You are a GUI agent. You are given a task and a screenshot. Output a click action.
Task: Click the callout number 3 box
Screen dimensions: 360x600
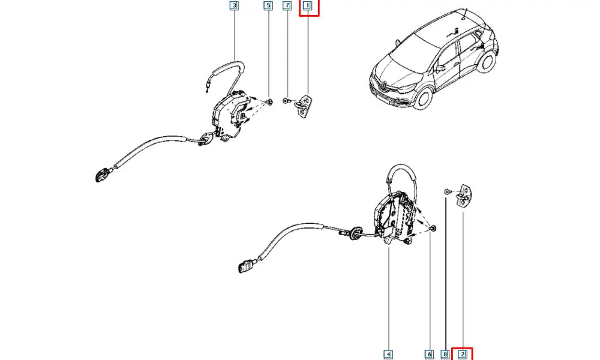coord(234,6)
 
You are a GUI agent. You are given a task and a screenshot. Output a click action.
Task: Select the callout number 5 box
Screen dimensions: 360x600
coord(268,6)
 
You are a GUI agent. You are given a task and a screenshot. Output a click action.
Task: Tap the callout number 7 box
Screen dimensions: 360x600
coord(287,6)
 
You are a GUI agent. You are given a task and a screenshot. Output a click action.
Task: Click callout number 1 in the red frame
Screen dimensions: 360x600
coord(308,7)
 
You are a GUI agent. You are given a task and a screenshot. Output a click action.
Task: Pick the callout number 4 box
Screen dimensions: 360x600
coord(389,354)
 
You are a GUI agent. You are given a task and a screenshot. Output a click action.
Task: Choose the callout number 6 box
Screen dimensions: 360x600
coord(430,354)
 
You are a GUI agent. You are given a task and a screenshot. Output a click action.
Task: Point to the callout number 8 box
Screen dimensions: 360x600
coord(445,354)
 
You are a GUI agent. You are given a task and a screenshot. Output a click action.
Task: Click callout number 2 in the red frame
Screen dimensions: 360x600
coord(462,354)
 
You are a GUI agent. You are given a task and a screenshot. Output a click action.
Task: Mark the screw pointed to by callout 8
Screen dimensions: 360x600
coord(447,191)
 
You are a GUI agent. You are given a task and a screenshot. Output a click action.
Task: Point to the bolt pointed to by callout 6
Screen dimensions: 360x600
coord(433,229)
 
